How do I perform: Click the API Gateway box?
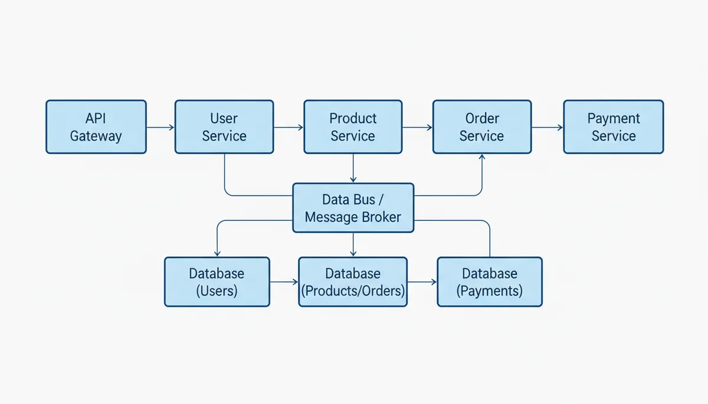click(x=96, y=127)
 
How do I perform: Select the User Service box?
click(x=224, y=127)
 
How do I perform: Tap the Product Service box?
click(x=353, y=127)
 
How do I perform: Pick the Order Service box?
click(x=482, y=127)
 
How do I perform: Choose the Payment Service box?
click(x=614, y=127)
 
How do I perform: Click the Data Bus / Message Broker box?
click(x=353, y=208)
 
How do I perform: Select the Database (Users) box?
click(x=217, y=282)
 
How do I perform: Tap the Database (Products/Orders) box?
click(x=353, y=282)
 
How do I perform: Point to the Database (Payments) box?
click(x=490, y=282)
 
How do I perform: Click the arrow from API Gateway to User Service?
click(x=160, y=127)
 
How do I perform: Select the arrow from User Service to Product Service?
click(x=289, y=127)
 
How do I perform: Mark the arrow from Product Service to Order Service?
click(x=418, y=127)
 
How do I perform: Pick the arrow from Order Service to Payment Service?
click(x=548, y=127)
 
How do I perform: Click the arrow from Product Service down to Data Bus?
click(x=353, y=168)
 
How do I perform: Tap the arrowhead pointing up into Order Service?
click(x=482, y=157)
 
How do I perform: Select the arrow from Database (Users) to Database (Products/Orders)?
click(x=284, y=282)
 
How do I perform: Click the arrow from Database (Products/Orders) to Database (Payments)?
click(x=422, y=282)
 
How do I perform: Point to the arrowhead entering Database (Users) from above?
click(x=217, y=254)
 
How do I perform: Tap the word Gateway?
click(x=96, y=137)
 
